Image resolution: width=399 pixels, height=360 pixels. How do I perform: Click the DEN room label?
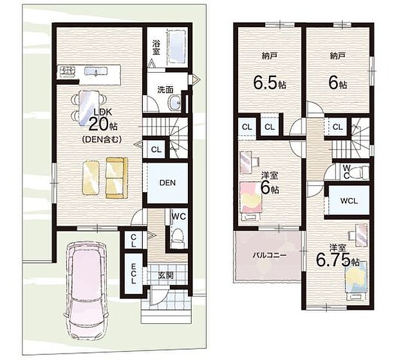(168, 183)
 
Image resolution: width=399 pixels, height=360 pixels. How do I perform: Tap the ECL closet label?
(133, 274)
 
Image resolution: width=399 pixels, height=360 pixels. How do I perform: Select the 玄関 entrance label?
(165, 275)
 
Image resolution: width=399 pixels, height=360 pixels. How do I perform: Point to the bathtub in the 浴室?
(176, 48)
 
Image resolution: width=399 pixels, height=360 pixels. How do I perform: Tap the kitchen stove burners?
(68, 71)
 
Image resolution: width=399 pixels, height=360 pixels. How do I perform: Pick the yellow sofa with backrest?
(116, 177)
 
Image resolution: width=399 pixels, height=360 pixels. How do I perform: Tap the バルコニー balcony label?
(270, 255)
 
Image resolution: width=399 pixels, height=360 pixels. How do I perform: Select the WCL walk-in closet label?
(349, 201)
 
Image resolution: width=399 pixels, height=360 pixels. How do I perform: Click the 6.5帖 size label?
(269, 82)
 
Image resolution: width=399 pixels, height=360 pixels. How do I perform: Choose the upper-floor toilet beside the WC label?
(359, 172)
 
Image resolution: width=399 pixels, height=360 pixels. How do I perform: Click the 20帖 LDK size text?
(101, 126)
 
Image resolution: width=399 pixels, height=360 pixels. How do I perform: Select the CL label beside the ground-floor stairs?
(156, 150)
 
